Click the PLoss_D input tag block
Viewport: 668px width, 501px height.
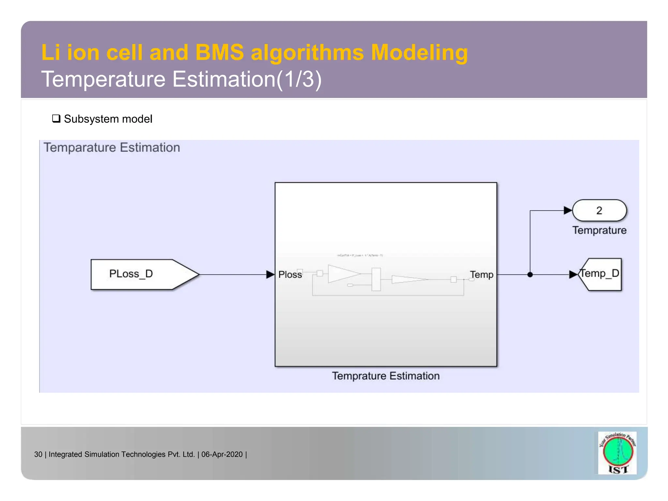click(x=140, y=274)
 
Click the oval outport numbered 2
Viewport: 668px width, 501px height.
click(x=599, y=211)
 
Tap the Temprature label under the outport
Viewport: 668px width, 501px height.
click(x=599, y=230)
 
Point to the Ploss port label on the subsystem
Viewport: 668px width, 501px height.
click(x=290, y=275)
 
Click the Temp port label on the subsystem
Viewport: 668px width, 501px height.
click(x=481, y=275)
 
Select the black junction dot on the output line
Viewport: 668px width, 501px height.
click(x=530, y=275)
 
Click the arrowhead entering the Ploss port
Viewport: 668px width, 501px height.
click(x=270, y=275)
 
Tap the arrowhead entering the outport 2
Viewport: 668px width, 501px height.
click(x=568, y=211)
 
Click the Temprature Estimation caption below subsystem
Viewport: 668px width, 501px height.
click(x=386, y=376)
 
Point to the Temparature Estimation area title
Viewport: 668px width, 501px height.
click(x=112, y=147)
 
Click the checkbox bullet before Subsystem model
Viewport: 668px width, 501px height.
click(x=56, y=118)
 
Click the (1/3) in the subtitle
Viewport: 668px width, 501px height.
click(x=299, y=79)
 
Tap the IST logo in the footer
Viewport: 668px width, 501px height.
click(x=617, y=453)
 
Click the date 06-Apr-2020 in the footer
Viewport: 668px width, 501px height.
click(x=222, y=454)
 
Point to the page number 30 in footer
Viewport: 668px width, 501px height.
click(x=38, y=454)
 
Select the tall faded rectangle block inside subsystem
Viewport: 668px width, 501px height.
click(x=376, y=279)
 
